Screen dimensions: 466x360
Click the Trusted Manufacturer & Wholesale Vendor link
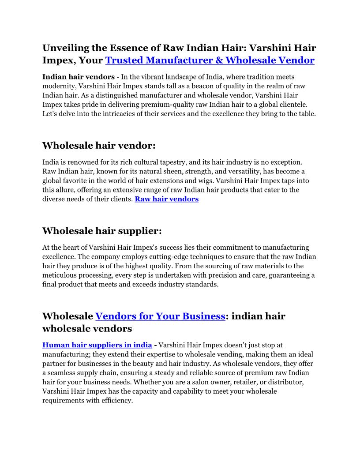[x=210, y=60]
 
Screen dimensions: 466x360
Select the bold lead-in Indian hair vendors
[x=79, y=77]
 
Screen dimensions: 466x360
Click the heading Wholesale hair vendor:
[x=99, y=146]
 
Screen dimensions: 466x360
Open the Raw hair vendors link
[x=167, y=199]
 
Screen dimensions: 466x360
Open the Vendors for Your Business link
[x=160, y=316]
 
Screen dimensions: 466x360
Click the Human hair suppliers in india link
[x=97, y=345]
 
